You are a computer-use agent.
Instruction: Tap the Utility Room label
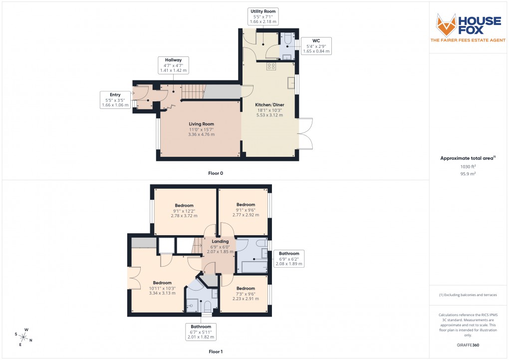pyautogui.click(x=263, y=16)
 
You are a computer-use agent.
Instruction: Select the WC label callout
pyautogui.click(x=316, y=45)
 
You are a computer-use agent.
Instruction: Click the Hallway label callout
pyautogui.click(x=173, y=65)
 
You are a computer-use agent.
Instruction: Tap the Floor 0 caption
pyautogui.click(x=216, y=173)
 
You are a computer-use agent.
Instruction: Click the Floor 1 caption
pyautogui.click(x=216, y=352)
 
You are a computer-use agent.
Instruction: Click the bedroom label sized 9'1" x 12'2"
pyautogui.click(x=184, y=210)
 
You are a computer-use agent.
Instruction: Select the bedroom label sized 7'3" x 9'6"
pyautogui.click(x=246, y=294)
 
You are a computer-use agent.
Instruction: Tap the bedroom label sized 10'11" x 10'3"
pyautogui.click(x=162, y=288)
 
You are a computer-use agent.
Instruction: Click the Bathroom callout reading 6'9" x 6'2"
pyautogui.click(x=289, y=258)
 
